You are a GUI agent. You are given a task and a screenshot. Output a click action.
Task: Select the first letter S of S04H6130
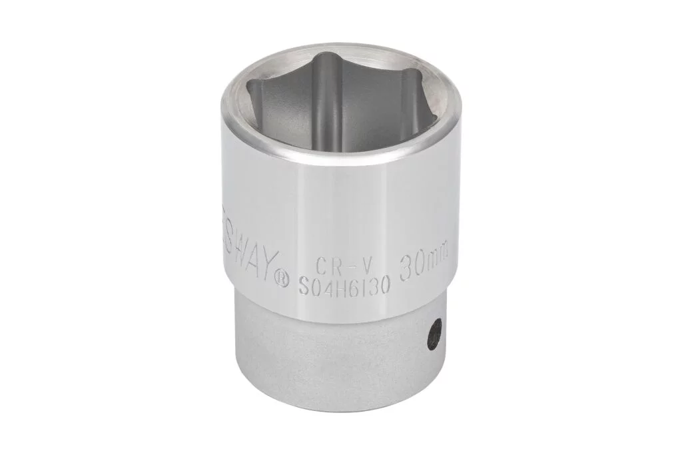pos(303,287)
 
